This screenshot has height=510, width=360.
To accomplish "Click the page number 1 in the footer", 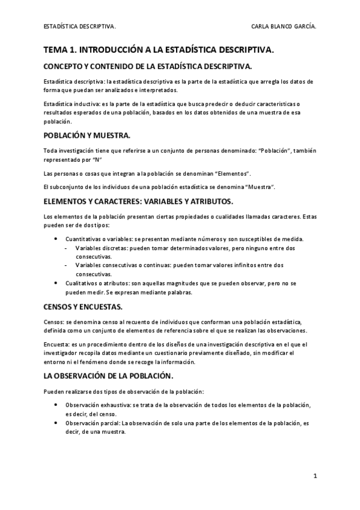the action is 315,476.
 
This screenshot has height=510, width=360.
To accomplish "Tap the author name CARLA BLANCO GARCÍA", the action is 284,26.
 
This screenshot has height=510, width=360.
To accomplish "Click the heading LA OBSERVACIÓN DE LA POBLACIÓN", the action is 109,376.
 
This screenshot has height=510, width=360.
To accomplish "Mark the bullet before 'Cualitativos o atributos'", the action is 56,282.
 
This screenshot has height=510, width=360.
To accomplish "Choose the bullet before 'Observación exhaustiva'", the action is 56,405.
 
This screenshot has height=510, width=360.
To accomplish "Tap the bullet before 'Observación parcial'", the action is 56,423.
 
